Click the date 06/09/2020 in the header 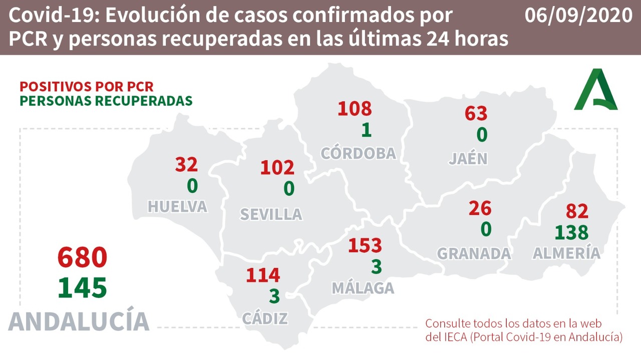(578, 16)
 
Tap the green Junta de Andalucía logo (595, 90)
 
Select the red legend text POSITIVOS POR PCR (86, 86)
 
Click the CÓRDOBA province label (359, 153)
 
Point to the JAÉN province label (468, 158)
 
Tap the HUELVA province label (178, 206)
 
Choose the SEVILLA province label (271, 214)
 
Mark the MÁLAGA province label (363, 288)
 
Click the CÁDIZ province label (265, 318)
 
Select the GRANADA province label (474, 253)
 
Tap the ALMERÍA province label (566, 253)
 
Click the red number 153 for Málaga (365, 246)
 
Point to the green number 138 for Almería (571, 232)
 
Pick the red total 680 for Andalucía (83, 258)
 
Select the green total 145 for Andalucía (83, 288)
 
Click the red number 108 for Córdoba (355, 108)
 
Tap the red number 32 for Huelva (186, 164)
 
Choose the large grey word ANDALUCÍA (79, 321)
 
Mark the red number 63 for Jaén (476, 113)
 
